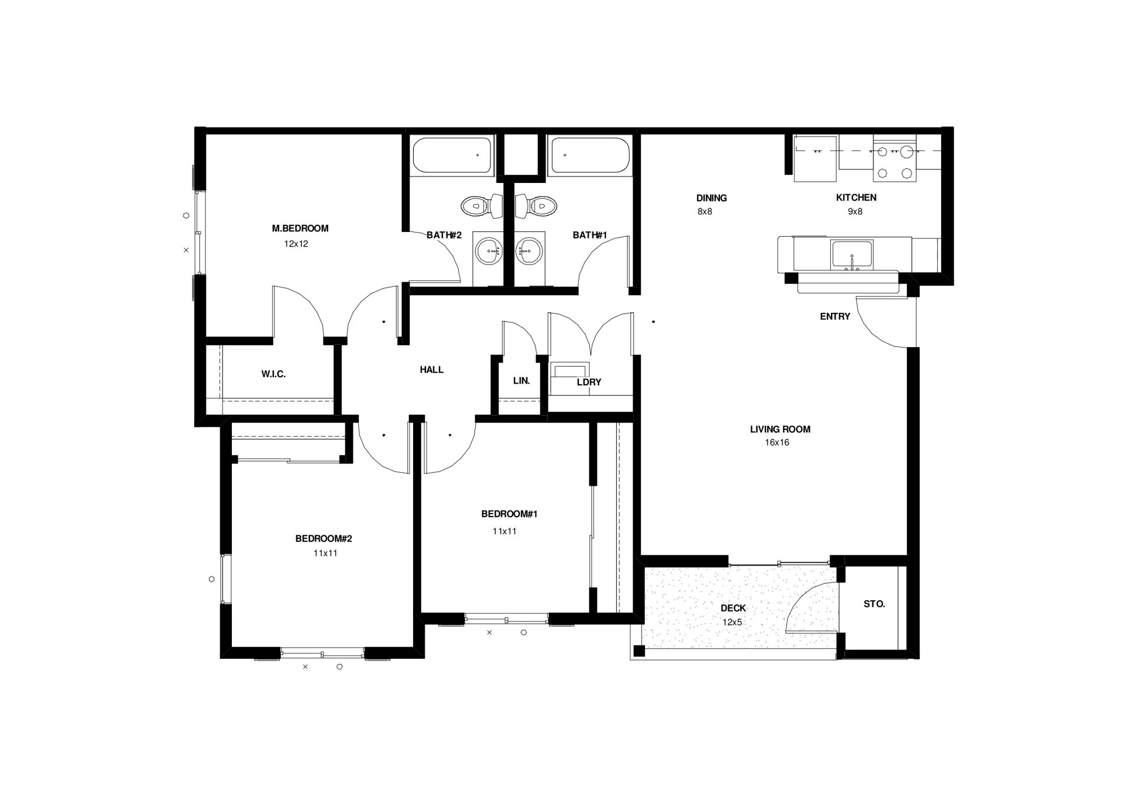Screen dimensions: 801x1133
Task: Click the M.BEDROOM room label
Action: (x=300, y=228)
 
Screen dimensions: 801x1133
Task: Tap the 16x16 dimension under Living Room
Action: (x=777, y=443)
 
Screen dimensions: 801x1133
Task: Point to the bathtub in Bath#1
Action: (x=588, y=156)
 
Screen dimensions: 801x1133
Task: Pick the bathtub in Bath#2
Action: (x=453, y=156)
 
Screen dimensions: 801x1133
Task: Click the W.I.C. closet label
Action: (x=273, y=374)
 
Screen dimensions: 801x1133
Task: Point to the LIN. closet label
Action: (x=521, y=381)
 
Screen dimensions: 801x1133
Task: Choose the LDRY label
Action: (x=589, y=382)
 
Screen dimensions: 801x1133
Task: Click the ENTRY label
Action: (x=835, y=317)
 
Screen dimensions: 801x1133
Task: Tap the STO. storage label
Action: (x=874, y=604)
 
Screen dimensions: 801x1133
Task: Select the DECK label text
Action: (x=733, y=609)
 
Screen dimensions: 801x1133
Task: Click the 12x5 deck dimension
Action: (x=732, y=622)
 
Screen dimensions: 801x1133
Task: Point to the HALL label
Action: (x=431, y=370)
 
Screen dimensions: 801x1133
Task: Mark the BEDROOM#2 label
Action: (x=323, y=539)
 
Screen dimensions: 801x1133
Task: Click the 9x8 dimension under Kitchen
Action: (x=855, y=211)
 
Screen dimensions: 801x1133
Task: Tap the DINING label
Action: (x=711, y=198)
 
